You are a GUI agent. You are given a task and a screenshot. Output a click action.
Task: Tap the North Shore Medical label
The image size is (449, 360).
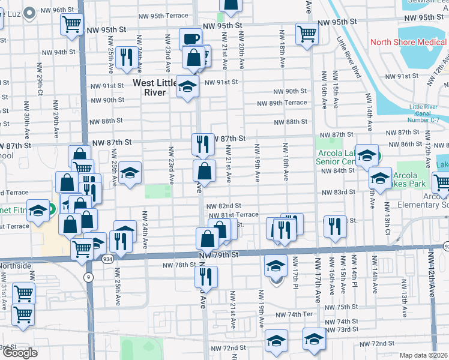[409, 42]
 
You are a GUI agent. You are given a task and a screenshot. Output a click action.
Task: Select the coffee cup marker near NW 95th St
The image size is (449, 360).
[190, 38]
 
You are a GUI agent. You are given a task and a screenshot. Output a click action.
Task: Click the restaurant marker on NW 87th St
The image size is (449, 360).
[203, 144]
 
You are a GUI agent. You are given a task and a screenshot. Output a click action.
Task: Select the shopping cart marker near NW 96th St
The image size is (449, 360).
[71, 25]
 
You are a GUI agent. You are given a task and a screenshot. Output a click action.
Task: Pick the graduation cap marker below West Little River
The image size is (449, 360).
[187, 87]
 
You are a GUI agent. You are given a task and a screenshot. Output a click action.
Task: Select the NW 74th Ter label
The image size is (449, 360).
[295, 314]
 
